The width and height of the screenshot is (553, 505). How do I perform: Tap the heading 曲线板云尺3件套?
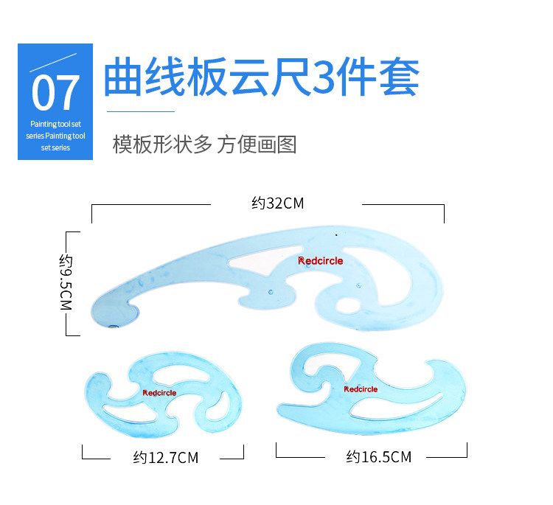(x=261, y=77)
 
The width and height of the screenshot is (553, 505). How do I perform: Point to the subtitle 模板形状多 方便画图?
(x=204, y=144)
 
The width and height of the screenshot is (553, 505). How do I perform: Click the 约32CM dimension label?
(x=277, y=203)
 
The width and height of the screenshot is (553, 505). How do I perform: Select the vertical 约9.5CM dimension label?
(x=67, y=282)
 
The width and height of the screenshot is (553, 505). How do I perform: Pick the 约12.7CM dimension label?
(x=166, y=458)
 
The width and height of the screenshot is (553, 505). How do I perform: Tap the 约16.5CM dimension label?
(x=378, y=458)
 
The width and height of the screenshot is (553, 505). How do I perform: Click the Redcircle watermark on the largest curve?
(x=320, y=260)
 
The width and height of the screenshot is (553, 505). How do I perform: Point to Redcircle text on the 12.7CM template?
(x=159, y=393)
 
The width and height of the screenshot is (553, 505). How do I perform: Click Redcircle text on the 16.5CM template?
(x=361, y=389)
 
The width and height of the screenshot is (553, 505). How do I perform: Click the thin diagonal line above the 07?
(x=53, y=62)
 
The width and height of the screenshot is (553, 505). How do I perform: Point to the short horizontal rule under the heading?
(x=141, y=111)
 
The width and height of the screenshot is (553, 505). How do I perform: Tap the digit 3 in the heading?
(x=324, y=77)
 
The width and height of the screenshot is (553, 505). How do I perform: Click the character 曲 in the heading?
(x=122, y=77)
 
